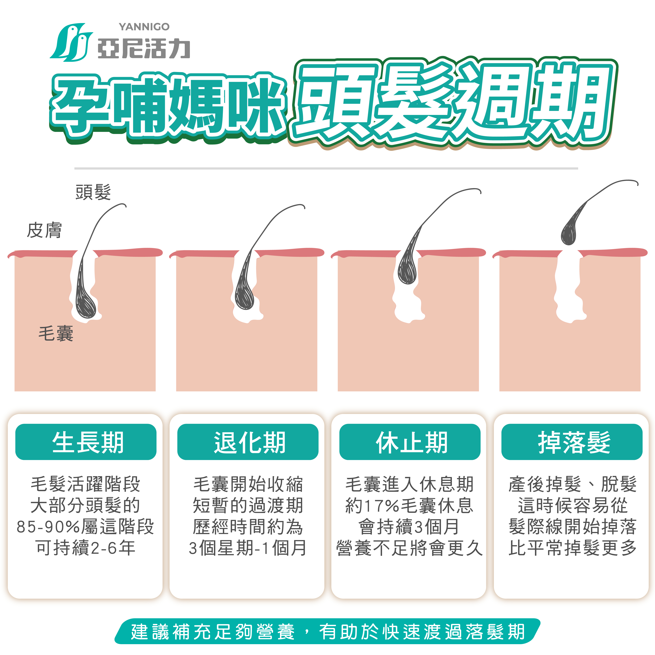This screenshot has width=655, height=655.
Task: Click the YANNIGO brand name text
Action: tap(144, 27)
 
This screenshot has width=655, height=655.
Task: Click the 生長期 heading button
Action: tap(86, 442)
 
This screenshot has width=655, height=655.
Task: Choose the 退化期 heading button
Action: tap(248, 442)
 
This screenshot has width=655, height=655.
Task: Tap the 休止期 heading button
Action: tap(410, 442)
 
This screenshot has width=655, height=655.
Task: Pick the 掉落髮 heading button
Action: tap(572, 442)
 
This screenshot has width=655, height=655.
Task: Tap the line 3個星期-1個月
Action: tap(248, 548)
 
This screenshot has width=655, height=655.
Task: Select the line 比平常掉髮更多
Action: tap(572, 548)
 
